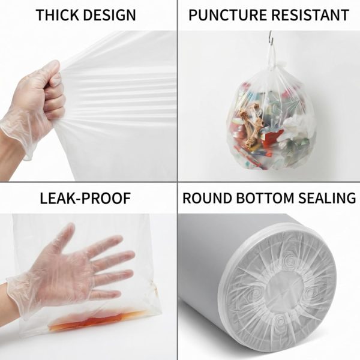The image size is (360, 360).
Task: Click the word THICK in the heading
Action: (58, 15)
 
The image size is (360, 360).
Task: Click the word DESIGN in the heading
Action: (109, 15)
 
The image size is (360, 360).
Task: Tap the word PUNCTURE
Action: (227, 15)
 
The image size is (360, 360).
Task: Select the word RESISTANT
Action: (310, 15)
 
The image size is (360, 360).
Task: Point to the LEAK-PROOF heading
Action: (85, 199)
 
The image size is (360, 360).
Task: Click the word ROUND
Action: (207, 198)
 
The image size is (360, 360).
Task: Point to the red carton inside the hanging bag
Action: (272, 137)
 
